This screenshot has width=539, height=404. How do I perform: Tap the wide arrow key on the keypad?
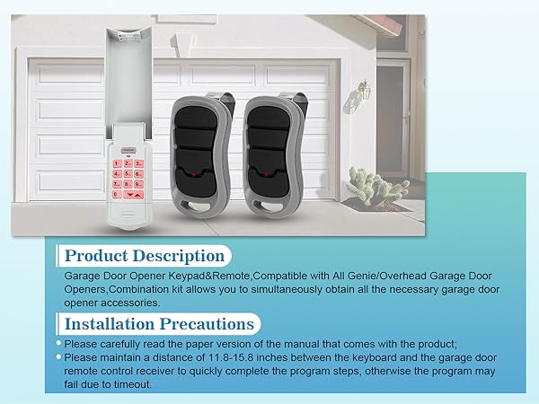coord(133,193)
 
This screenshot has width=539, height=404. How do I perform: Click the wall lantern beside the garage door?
coord(365,89)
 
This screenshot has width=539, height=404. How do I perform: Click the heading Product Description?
coord(144,257)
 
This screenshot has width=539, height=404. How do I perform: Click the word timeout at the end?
coord(131,383)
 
